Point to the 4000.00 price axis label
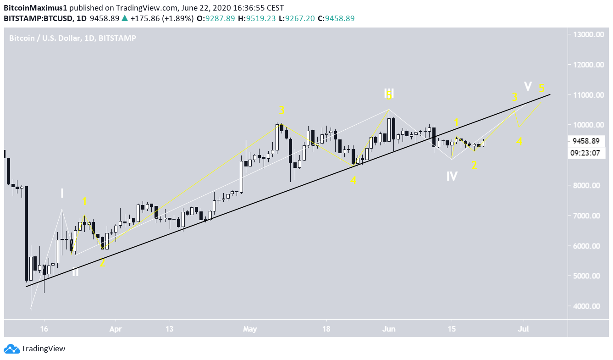591,306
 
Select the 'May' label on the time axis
250,329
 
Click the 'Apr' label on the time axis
116,329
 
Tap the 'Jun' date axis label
389,329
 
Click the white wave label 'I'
62,194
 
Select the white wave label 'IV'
452,176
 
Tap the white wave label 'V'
528,86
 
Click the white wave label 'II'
75,272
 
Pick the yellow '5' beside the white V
541,88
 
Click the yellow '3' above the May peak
282,111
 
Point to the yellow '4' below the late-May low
353,181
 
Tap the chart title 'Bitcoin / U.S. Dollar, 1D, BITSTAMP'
72,38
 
